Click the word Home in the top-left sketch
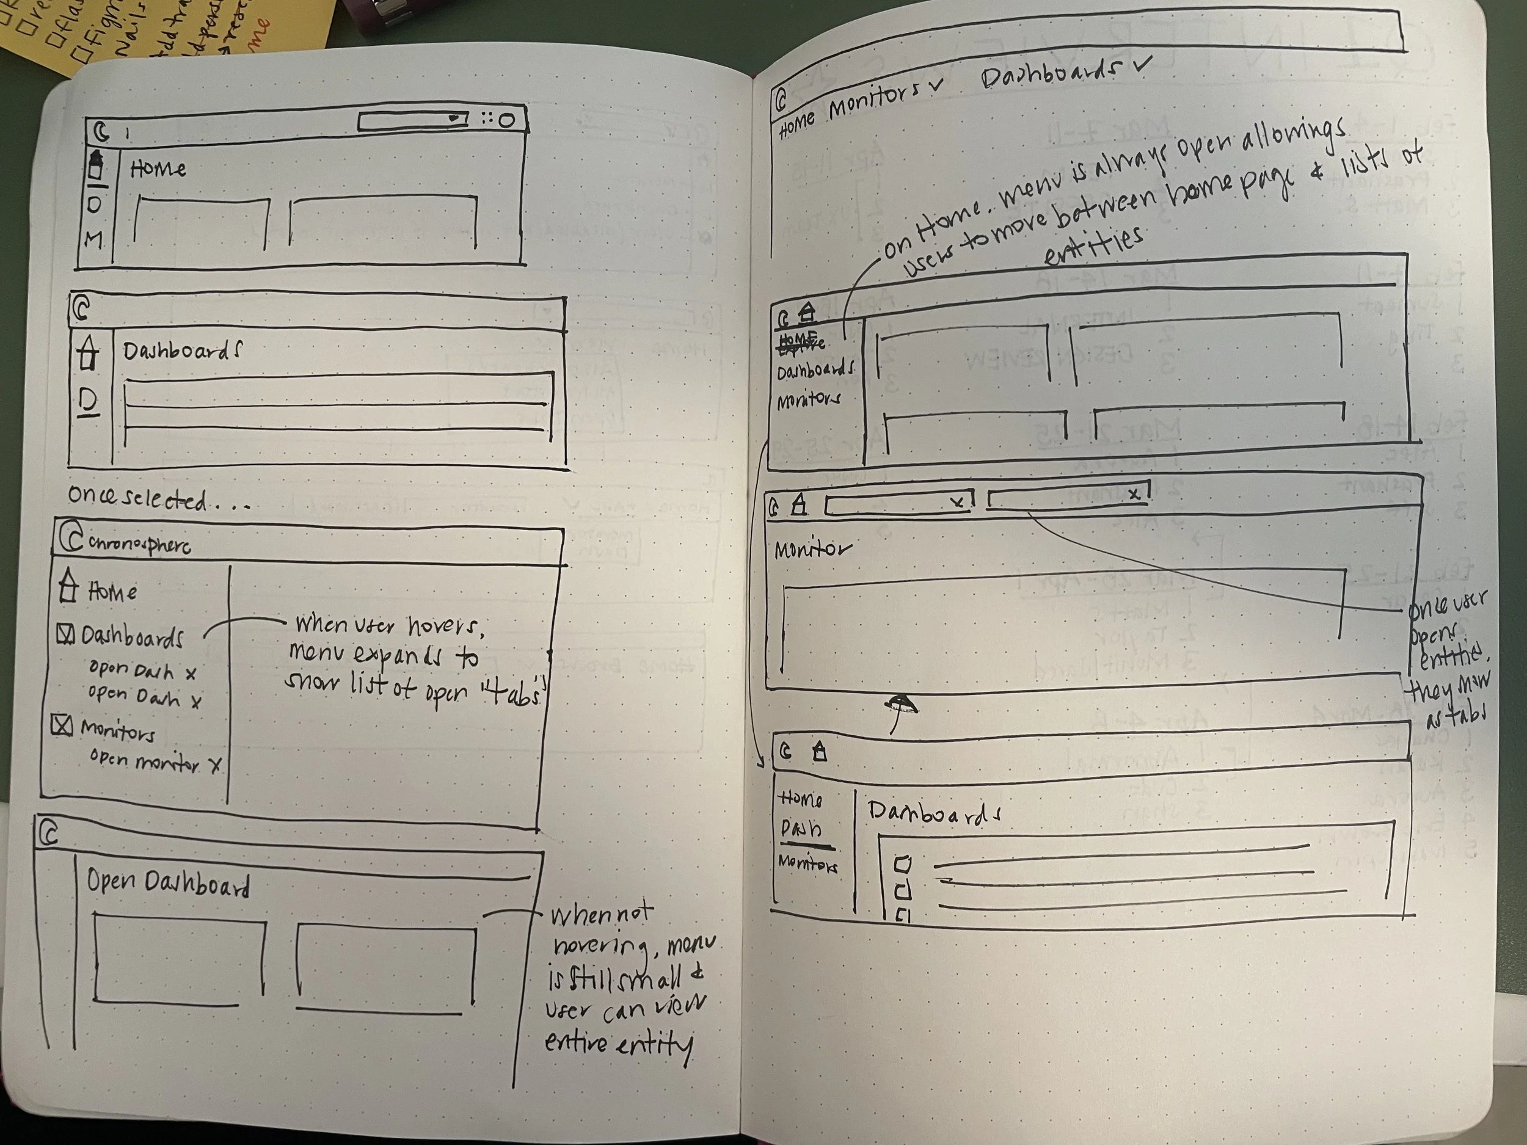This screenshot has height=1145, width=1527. (158, 169)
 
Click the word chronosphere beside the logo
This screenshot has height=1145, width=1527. (140, 544)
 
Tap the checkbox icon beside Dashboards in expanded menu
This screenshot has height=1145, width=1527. (65, 634)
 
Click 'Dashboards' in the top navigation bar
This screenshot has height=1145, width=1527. (1049, 75)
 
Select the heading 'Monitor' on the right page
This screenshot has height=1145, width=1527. (812, 550)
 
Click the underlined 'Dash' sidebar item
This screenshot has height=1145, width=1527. (801, 828)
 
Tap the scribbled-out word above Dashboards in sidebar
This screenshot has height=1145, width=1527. (800, 340)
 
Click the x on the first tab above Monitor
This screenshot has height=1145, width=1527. (957, 503)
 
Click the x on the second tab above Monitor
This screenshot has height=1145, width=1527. (1133, 493)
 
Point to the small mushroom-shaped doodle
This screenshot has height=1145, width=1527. (902, 707)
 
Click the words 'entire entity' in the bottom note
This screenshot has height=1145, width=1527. (618, 1044)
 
